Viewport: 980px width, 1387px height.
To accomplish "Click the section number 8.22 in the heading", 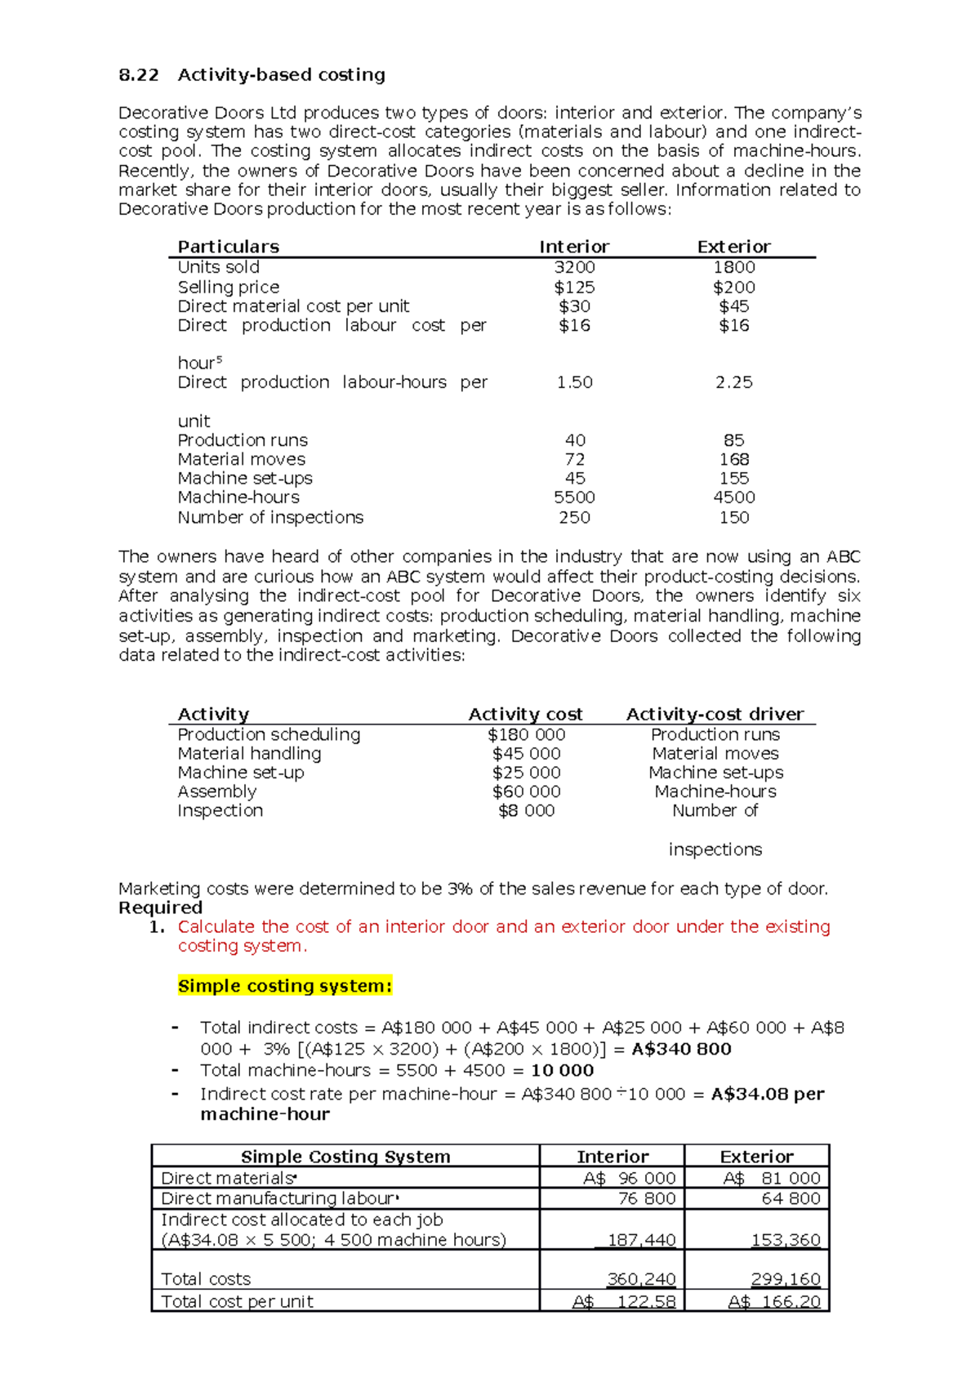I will click(x=138, y=75).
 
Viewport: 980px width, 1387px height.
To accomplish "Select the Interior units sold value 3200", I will click(x=574, y=267).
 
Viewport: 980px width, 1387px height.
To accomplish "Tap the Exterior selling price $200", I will click(x=733, y=287).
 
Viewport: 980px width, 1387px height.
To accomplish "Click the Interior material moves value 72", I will click(x=574, y=459).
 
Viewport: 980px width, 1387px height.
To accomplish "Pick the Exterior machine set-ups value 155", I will click(x=733, y=478).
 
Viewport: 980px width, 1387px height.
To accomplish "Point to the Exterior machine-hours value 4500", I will click(x=733, y=497).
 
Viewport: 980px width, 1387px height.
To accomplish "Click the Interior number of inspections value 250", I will click(x=574, y=517).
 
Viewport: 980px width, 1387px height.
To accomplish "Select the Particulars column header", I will click(x=228, y=247).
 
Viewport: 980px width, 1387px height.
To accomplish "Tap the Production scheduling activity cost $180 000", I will click(x=526, y=734).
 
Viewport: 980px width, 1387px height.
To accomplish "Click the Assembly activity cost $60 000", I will click(x=526, y=792).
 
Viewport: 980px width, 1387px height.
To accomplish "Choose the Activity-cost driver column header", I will click(x=715, y=714).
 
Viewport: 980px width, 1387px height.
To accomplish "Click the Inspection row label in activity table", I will click(x=220, y=810).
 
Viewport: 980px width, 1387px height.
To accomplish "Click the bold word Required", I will click(x=160, y=908).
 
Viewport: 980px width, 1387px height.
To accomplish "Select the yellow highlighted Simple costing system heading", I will click(x=285, y=986).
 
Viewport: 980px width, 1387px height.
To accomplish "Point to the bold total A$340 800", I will click(x=681, y=1049).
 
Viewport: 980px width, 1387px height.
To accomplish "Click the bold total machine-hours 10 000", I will click(x=562, y=1070).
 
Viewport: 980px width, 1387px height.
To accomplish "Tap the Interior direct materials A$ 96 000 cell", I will click(x=629, y=1178).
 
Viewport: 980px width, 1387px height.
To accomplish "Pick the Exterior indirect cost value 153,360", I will click(x=785, y=1240).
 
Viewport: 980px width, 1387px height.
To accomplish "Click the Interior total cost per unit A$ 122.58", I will click(x=624, y=1301).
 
